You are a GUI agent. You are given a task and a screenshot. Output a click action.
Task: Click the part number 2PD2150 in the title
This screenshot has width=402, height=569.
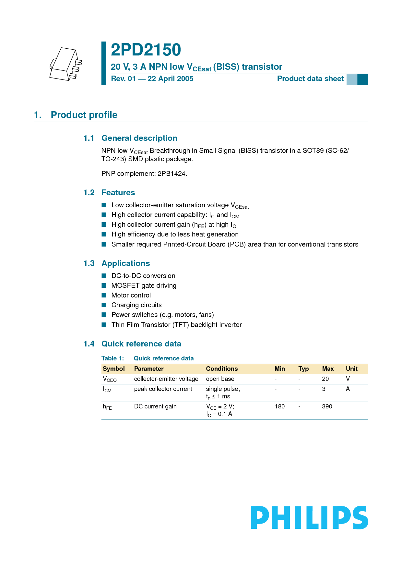146,50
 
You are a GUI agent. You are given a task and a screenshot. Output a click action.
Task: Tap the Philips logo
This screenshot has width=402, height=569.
309,517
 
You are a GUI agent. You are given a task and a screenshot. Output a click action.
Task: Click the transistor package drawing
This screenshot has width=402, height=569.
65,64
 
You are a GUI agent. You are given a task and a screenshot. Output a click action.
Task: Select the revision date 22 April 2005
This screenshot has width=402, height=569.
171,79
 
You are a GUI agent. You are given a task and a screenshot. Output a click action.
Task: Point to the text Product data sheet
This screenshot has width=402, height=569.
310,79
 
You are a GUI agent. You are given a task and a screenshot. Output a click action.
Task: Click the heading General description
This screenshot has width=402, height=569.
139,138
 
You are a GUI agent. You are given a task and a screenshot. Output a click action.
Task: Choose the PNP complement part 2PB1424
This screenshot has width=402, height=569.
172,174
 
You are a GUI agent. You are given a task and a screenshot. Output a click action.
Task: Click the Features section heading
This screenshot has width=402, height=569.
118,193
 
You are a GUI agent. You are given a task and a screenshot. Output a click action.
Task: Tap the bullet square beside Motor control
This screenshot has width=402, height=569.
104,295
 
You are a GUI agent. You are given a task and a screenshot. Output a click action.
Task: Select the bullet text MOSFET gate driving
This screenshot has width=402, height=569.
144,285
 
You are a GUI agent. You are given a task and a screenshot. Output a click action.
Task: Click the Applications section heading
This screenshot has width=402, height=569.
126,263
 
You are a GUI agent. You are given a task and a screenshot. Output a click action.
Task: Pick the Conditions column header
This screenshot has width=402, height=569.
222,369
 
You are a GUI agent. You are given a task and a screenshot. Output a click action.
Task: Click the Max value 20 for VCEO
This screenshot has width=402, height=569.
325,379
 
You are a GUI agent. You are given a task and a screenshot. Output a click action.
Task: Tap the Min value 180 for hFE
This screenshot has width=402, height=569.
279,406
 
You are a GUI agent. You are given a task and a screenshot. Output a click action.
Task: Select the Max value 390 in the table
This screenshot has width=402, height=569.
327,406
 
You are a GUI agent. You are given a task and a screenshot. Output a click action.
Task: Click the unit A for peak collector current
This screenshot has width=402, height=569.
348,389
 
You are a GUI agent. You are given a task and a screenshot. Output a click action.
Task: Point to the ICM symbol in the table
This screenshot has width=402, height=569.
107,389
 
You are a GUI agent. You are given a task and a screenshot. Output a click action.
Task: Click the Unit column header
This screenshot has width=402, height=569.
351,369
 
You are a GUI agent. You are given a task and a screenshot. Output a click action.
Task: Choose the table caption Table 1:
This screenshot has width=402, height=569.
112,358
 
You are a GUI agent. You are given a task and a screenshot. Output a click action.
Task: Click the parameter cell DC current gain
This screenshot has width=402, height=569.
155,406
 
